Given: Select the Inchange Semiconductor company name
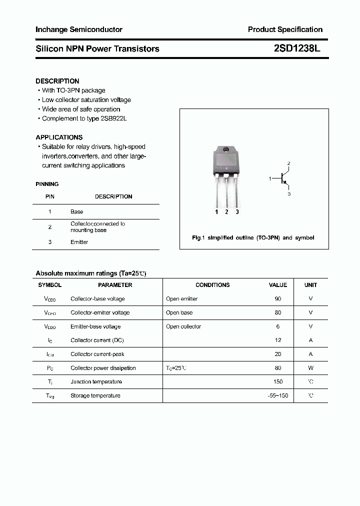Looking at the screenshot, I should (x=79, y=29).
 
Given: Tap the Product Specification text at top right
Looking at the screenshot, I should (x=285, y=29).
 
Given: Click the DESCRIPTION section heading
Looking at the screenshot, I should (x=57, y=81).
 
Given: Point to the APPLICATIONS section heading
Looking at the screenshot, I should (x=59, y=137).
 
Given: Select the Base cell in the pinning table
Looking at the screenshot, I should (x=76, y=212).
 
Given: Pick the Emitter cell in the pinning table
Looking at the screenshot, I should (x=79, y=242).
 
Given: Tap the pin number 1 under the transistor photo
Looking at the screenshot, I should (x=216, y=212).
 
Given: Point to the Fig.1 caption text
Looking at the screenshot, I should (x=253, y=238).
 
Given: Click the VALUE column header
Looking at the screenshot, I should (x=278, y=285).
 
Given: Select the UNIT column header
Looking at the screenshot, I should (x=310, y=285).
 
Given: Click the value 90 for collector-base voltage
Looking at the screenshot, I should (x=278, y=298).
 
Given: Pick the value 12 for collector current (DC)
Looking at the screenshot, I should (x=278, y=340).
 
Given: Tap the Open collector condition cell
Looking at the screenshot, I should (x=183, y=326).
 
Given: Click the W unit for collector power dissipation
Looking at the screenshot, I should (x=310, y=368).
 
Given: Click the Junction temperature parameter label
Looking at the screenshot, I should (x=96, y=381).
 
